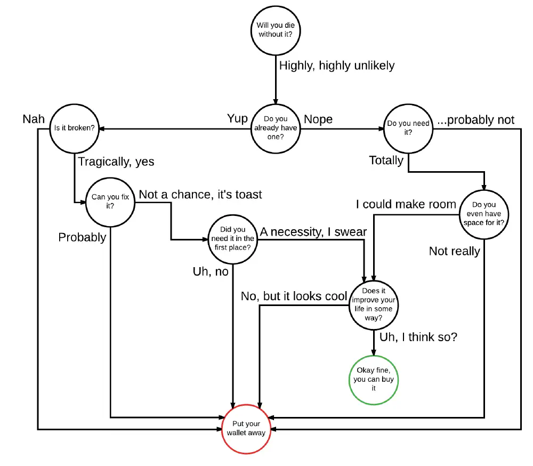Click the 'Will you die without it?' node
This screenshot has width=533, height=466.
pyautogui.click(x=276, y=29)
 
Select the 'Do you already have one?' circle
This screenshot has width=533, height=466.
pyautogui.click(x=276, y=128)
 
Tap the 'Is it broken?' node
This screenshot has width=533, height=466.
pyautogui.click(x=74, y=128)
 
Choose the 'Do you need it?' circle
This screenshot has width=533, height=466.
pyautogui.click(x=408, y=128)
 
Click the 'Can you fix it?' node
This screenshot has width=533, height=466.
pyautogui.click(x=110, y=202)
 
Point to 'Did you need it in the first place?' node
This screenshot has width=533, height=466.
pyautogui.click(x=233, y=239)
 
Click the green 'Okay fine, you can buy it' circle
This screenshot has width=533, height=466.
pyautogui.click(x=374, y=379)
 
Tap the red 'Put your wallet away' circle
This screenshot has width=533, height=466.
pyautogui.click(x=246, y=429)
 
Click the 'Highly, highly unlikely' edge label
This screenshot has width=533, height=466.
pyautogui.click(x=337, y=66)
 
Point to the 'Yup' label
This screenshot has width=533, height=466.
pyautogui.click(x=237, y=118)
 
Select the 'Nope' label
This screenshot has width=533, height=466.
pyautogui.click(x=318, y=119)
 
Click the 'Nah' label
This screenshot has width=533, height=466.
pyautogui.click(x=34, y=118)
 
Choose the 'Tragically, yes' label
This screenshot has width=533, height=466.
pyautogui.click(x=116, y=161)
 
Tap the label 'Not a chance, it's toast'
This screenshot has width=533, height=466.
pyautogui.click(x=200, y=195)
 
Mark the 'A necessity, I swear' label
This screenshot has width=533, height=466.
pyautogui.click(x=313, y=231)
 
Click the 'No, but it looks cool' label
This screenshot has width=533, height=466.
pyautogui.click(x=294, y=296)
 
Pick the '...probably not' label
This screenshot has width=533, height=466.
pyautogui.click(x=476, y=120)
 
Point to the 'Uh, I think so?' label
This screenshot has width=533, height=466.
pyautogui.click(x=418, y=338)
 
